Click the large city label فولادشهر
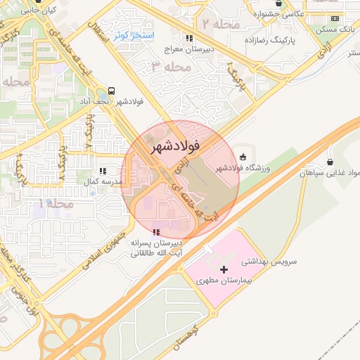(175, 146)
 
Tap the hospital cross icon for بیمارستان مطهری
(224, 269)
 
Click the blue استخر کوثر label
(134, 35)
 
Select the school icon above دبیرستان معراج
(188, 38)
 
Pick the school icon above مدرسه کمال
(103, 170)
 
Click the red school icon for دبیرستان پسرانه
(156, 231)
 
